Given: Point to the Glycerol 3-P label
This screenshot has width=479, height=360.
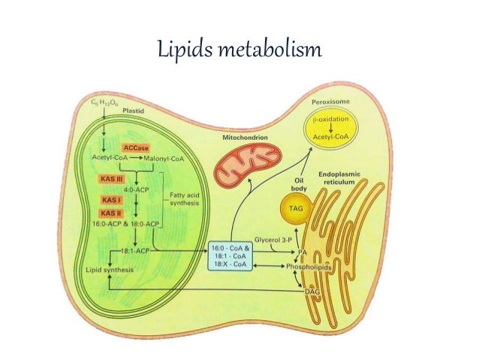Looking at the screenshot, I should [x=273, y=241].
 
